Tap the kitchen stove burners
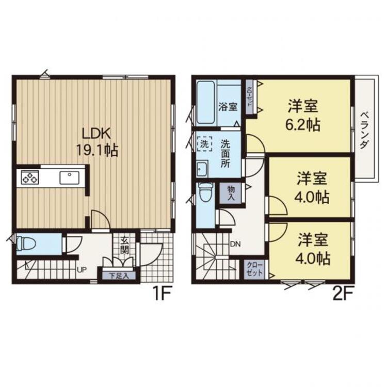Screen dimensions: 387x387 point(29,179)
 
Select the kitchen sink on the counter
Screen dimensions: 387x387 point(69,178)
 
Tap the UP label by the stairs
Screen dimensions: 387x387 point(82,269)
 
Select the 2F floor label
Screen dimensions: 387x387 point(342,296)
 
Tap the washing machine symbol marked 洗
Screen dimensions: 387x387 point(204,144)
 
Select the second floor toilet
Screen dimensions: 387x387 point(205,193)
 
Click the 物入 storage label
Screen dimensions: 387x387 point(231,193)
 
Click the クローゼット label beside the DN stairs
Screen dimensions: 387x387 point(253,269)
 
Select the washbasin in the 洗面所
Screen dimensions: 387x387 point(202,168)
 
